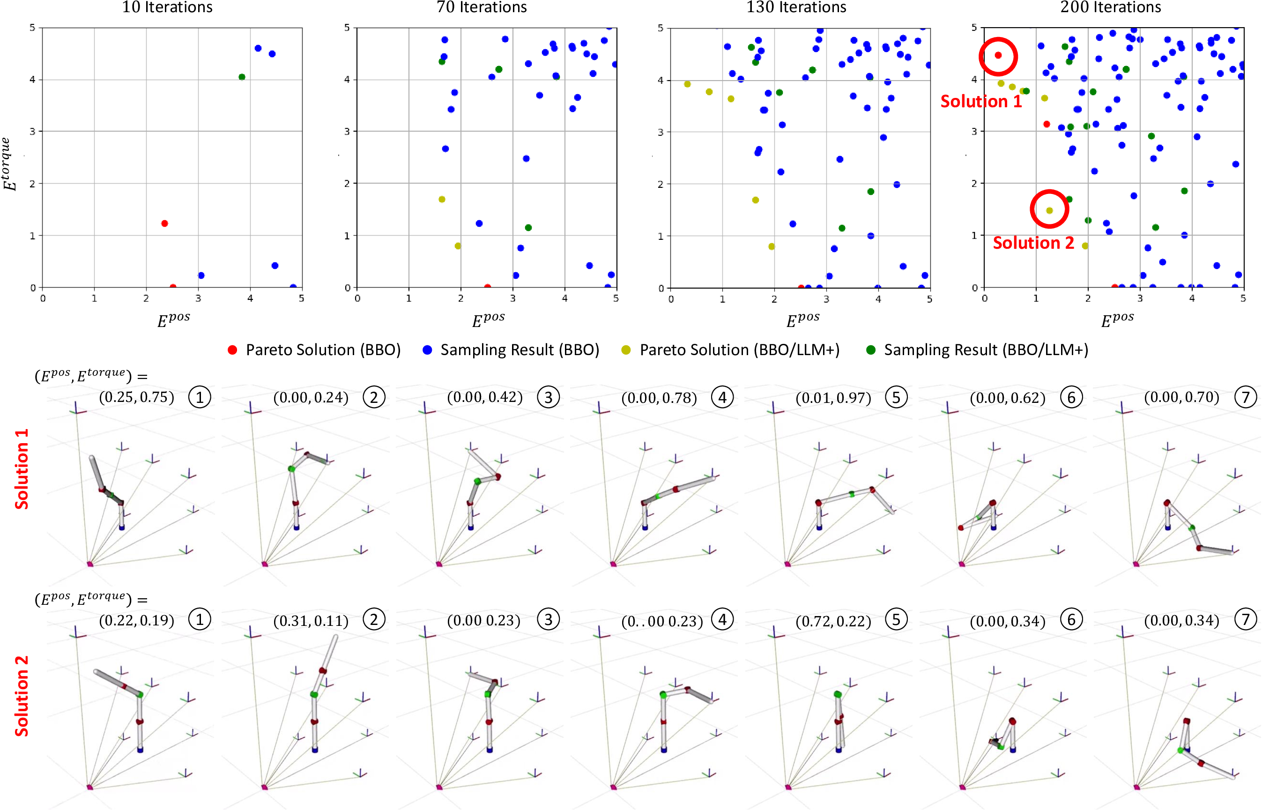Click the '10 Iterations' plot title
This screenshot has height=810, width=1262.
point(167,7)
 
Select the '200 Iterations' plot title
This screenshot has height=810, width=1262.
point(1110,7)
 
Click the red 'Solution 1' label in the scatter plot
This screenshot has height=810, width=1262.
point(980,101)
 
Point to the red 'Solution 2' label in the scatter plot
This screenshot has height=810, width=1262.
point(1033,243)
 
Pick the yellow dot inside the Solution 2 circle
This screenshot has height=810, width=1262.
point(1049,210)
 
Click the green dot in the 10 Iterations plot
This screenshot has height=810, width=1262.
point(241,77)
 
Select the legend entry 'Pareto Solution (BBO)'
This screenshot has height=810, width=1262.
point(314,350)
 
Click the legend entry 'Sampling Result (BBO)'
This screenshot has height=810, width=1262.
point(511,350)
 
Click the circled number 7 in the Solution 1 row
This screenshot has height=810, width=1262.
point(1245,397)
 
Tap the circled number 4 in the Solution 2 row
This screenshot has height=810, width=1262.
point(722,620)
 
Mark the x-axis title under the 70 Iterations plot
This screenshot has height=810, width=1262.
point(488,319)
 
